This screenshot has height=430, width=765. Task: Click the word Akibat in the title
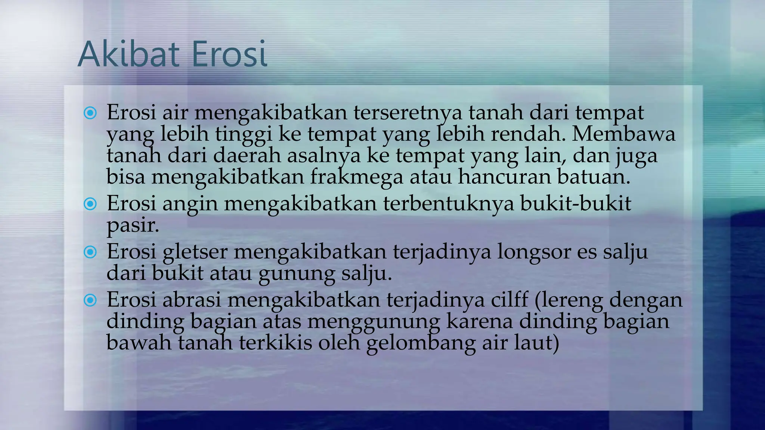click(131, 54)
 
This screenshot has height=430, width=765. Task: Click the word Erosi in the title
click(229, 54)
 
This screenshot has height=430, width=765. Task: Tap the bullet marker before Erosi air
click(90, 113)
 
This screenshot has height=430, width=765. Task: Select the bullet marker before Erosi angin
click(90, 204)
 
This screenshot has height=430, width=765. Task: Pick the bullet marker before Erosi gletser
click(90, 252)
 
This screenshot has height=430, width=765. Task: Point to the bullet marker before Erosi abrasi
click(90, 300)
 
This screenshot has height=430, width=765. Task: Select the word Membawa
click(623, 134)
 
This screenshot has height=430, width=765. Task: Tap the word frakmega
click(356, 177)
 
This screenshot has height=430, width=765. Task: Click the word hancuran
click(504, 177)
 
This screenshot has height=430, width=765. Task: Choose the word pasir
click(133, 225)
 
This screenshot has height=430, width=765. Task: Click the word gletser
click(195, 252)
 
